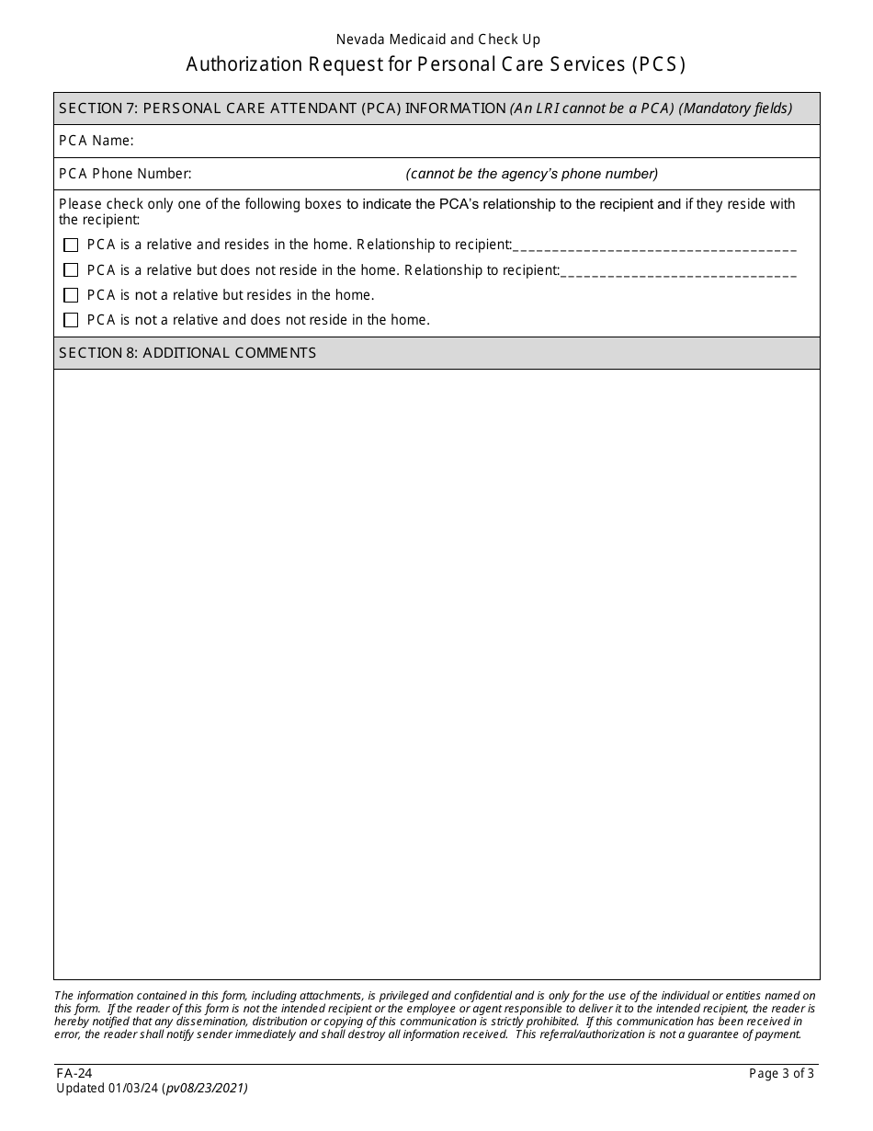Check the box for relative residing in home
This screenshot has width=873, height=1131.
coord(71,245)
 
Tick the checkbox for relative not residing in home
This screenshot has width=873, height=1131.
coord(71,270)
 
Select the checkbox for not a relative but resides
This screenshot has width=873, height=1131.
coord(71,295)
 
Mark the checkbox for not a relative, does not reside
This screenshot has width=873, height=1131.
coord(71,320)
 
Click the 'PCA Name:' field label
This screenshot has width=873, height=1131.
coord(96,141)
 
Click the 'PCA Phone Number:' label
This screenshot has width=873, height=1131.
coord(125,174)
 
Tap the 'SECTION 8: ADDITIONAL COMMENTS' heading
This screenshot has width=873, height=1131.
coord(187,353)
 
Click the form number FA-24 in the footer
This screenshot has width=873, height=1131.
coord(74,1073)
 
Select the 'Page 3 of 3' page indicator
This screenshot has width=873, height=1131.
coord(781,1073)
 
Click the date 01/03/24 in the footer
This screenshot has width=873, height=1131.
coord(134,1088)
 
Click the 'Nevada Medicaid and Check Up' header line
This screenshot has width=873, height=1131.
coord(437,40)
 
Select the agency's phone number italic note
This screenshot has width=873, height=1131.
coord(532,174)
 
